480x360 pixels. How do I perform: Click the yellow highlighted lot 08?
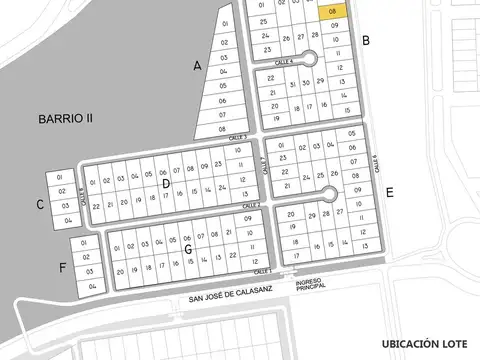coord(334,9)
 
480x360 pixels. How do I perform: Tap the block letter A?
coord(198,66)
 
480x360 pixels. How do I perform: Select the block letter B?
coord(367,41)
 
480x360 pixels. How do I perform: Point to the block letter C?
coord(39,205)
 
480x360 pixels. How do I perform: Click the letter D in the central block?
coord(166,183)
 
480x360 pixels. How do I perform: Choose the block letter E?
coord(389,191)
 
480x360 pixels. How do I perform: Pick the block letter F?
coord(63,267)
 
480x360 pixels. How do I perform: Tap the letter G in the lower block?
coord(187,247)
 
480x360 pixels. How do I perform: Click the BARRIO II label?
coord(66,118)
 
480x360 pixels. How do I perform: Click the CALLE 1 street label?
coord(263,271)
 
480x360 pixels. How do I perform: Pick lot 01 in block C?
coord(61,177)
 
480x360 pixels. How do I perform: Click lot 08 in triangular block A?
coord(222,129)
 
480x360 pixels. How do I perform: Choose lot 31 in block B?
coord(291,85)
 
